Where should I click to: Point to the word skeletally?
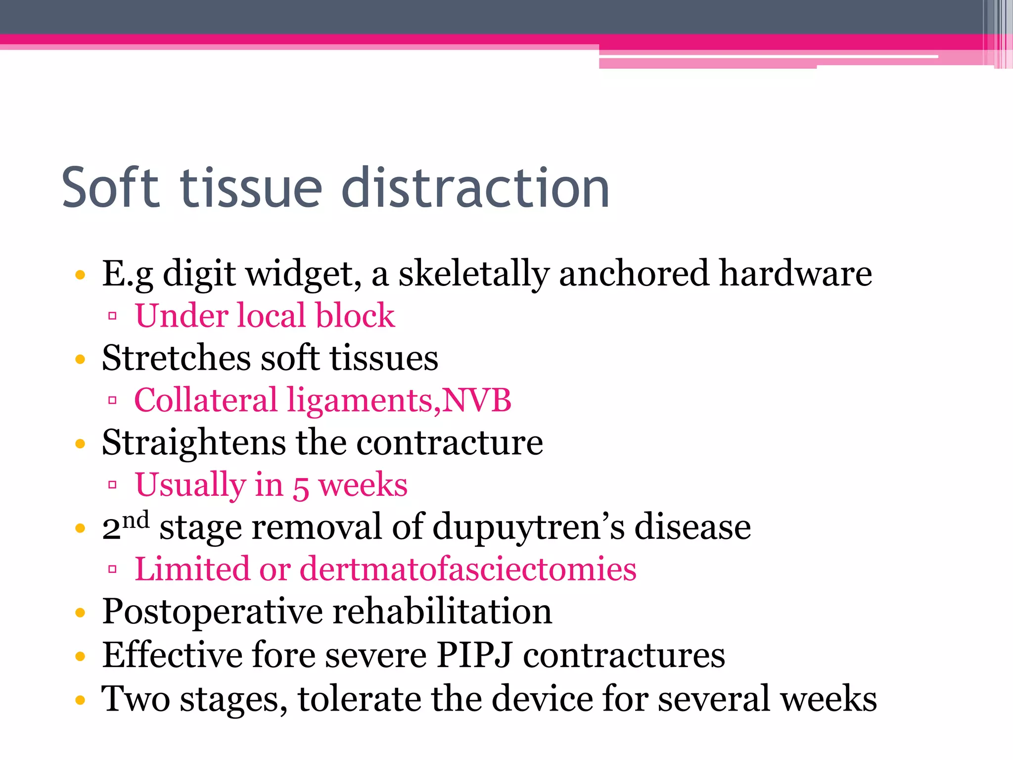tap(474, 274)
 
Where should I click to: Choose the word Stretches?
tap(176, 358)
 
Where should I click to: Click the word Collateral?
tap(205, 400)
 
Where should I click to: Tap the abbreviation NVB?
tap(477, 400)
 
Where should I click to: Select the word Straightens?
tap(193, 442)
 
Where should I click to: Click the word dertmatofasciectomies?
tap(468, 569)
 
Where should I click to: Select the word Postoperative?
tap(213, 612)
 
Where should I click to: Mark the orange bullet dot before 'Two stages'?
tap(81, 700)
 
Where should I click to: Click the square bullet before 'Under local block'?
tap(112, 316)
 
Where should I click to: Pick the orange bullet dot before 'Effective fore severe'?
tap(81, 657)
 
